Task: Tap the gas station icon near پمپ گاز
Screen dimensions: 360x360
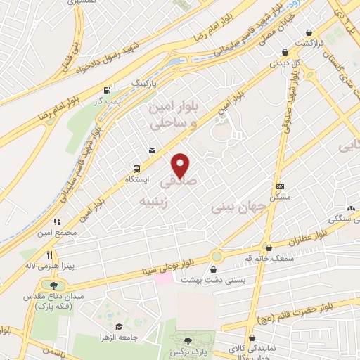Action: coord(106,90)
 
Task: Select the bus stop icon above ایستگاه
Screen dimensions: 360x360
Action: coord(137,169)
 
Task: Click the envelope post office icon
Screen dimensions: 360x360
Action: coord(152,150)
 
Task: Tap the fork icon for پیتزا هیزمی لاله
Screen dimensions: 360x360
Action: coord(49,255)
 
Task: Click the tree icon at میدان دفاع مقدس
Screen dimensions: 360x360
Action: coord(53,285)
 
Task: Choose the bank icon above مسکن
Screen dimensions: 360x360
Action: coord(280,186)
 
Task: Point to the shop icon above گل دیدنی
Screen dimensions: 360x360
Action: coord(284,51)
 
